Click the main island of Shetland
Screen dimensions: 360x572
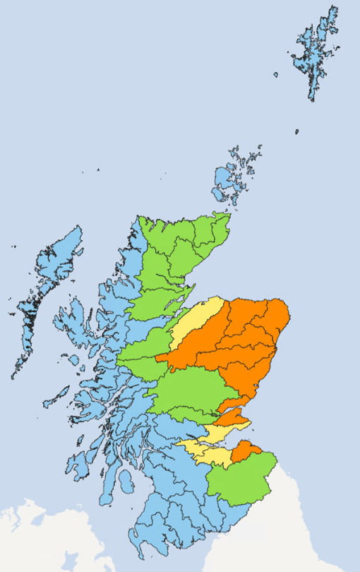point(314,53)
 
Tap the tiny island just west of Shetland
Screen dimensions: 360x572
point(277,73)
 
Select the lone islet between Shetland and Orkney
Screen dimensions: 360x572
point(296,131)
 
